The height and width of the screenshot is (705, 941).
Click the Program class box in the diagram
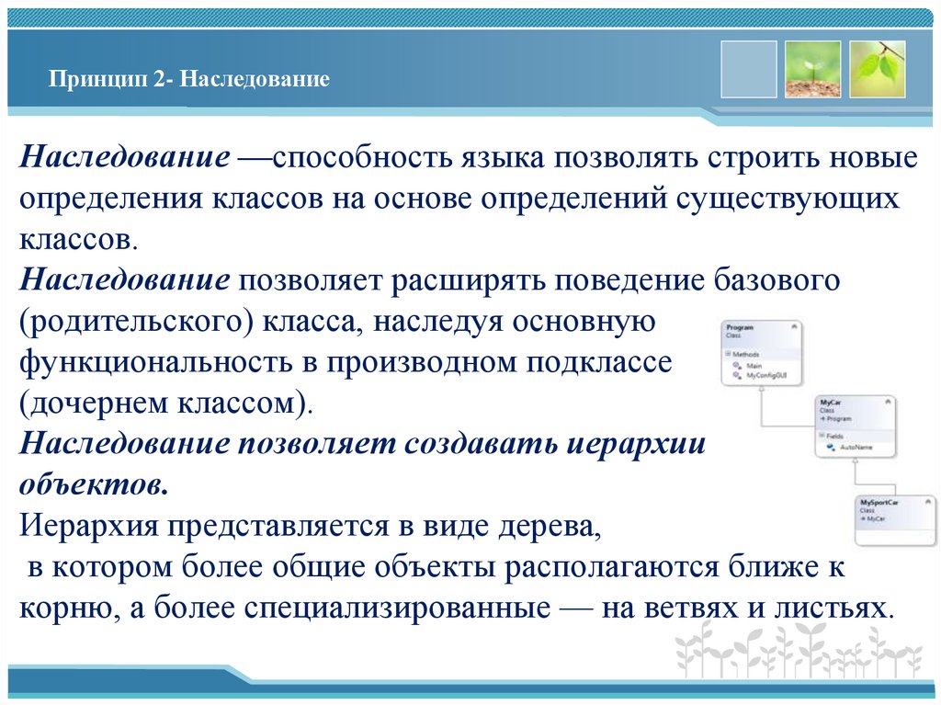pos(761,352)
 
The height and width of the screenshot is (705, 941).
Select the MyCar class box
pos(856,425)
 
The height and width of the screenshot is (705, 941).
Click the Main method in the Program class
pos(755,366)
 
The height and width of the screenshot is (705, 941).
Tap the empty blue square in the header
pos(748,69)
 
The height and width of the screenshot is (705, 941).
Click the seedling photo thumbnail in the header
pos(812,69)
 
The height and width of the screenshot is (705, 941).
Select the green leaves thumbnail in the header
pos(877,69)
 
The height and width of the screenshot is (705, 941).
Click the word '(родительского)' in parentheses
pos(139,322)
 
